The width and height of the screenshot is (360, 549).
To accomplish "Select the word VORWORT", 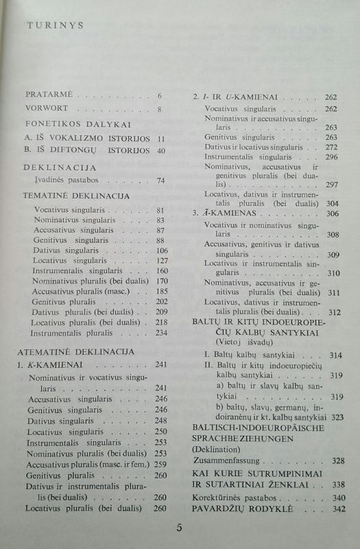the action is pyautogui.click(x=49, y=108).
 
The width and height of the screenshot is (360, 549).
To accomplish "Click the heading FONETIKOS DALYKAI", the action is pyautogui.click(x=69, y=124).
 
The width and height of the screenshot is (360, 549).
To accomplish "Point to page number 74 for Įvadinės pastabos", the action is pyautogui.click(x=162, y=181).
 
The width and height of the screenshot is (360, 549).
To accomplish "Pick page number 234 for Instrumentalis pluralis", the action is pyautogui.click(x=162, y=333).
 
